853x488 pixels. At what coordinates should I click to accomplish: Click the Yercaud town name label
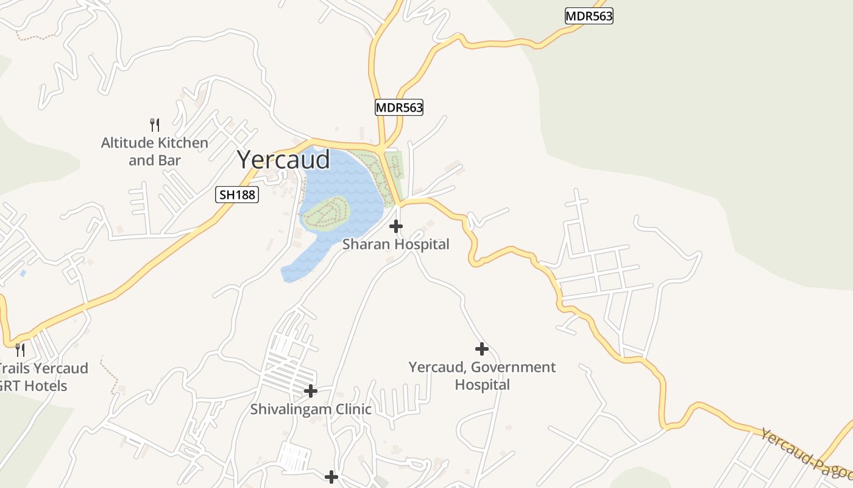tap(283, 160)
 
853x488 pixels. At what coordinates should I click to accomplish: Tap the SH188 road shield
tap(237, 195)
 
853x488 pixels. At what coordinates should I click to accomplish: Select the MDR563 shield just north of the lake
tap(398, 108)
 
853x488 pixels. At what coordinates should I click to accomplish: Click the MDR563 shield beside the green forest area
tap(589, 16)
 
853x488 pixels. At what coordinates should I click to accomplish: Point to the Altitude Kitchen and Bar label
tap(155, 151)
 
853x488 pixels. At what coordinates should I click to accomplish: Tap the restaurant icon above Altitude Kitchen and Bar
tap(155, 125)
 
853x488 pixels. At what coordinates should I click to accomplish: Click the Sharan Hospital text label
tap(395, 244)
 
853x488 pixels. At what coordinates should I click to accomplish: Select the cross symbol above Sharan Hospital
tap(396, 226)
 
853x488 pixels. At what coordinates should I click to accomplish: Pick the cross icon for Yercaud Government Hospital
tap(482, 349)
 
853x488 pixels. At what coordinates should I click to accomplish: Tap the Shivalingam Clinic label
tap(311, 409)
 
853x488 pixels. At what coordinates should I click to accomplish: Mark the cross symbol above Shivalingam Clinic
tap(311, 390)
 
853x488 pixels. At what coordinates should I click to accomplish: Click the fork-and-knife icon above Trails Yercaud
tap(20, 350)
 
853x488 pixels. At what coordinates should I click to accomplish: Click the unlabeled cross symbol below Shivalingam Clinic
tap(331, 476)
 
